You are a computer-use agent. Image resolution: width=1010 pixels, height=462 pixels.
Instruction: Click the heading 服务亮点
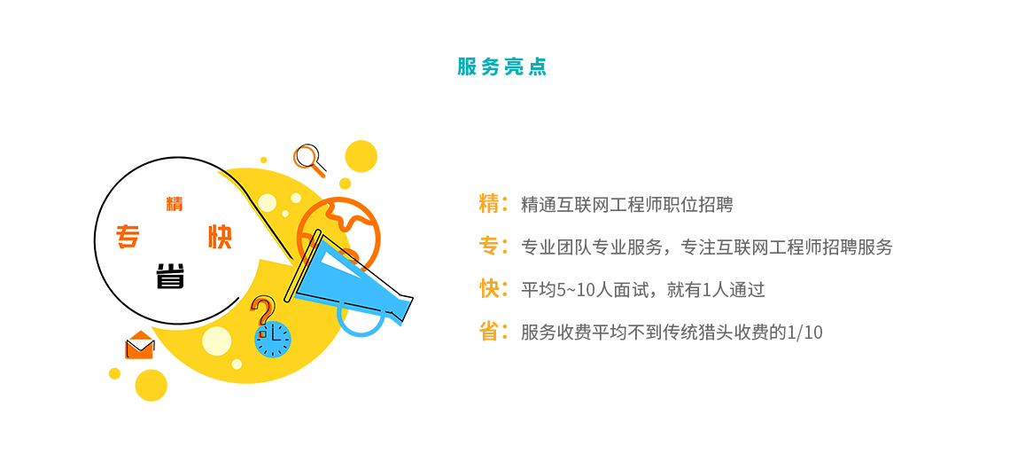coord(501,67)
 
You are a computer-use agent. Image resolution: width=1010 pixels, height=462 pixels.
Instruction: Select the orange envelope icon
coord(140,345)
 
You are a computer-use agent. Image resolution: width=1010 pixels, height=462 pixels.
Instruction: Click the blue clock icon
coord(273,338)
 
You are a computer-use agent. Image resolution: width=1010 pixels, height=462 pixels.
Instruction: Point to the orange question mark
coord(261,311)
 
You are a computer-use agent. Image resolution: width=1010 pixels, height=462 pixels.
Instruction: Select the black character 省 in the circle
coord(171,276)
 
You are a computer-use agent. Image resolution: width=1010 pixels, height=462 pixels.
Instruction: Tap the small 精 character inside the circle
coord(175,204)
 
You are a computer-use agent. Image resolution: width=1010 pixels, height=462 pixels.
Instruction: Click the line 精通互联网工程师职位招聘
coord(626,205)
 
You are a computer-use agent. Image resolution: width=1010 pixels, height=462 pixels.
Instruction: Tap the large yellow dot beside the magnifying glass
coord(361,157)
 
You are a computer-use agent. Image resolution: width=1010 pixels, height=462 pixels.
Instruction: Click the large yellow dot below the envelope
coord(151,386)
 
